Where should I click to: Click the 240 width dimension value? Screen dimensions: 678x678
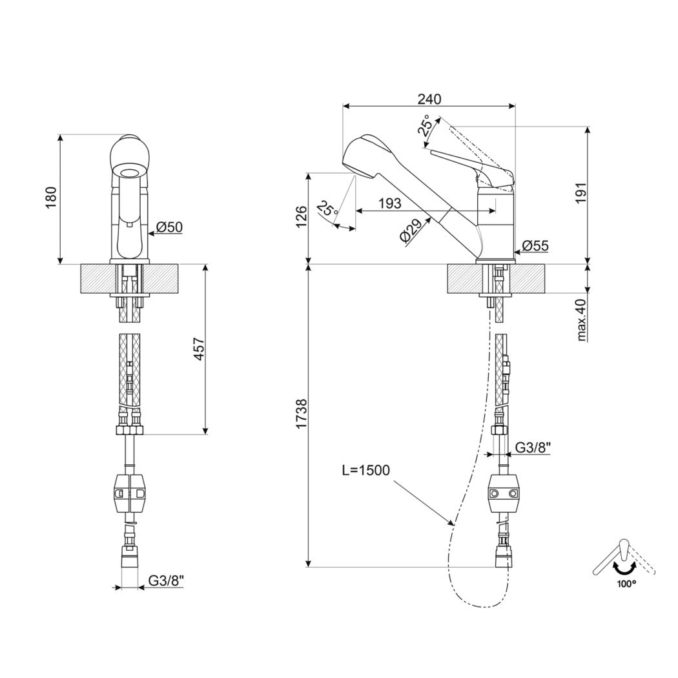(x=429, y=99)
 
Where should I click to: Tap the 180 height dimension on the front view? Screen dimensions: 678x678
(x=51, y=197)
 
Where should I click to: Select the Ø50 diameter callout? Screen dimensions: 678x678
(x=169, y=227)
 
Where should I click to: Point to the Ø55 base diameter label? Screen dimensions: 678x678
(x=535, y=246)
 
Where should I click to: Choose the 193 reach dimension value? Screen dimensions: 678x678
(x=390, y=203)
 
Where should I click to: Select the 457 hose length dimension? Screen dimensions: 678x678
(x=198, y=349)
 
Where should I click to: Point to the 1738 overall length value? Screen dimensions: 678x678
(x=301, y=415)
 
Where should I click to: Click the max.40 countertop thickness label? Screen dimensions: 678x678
(x=582, y=320)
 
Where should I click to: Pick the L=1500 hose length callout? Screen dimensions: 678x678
(x=366, y=471)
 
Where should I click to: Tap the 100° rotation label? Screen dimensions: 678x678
(x=626, y=584)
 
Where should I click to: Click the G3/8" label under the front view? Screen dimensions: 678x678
(x=167, y=580)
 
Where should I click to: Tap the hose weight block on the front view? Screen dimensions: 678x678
(x=130, y=493)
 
